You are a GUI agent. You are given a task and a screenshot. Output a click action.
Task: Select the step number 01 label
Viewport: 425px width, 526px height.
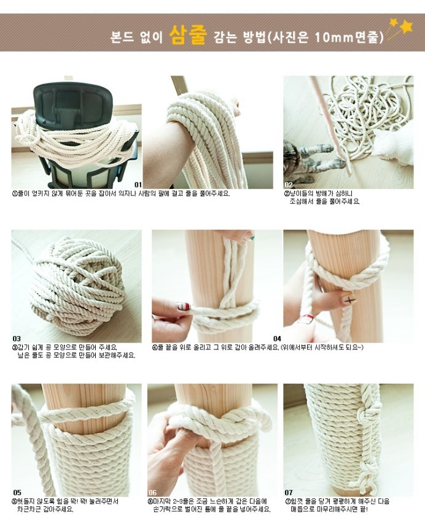tap(138, 185)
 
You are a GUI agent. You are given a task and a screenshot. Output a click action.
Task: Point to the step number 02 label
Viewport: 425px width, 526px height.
tap(289, 185)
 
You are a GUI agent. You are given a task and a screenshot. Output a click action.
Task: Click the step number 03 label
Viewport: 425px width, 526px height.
tap(17, 338)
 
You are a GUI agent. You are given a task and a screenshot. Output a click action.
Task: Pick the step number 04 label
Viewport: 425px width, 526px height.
tap(277, 338)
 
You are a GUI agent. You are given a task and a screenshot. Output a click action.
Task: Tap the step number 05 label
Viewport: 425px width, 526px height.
tap(17, 492)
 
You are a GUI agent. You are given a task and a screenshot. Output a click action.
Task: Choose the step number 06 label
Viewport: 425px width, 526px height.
tap(152, 492)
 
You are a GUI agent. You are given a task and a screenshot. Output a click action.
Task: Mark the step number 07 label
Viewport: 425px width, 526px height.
tap(289, 492)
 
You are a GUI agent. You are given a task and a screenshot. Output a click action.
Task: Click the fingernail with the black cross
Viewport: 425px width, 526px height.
tap(349, 299)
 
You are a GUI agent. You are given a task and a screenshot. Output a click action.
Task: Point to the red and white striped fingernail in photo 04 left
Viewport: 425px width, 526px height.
tap(184, 307)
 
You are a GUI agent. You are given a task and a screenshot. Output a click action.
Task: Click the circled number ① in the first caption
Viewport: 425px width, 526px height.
tap(15, 194)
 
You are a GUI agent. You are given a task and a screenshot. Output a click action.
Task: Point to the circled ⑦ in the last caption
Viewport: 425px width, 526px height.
tap(287, 502)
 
